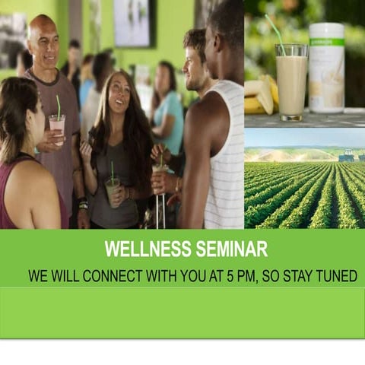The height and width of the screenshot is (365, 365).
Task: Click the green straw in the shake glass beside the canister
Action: click(x=275, y=30)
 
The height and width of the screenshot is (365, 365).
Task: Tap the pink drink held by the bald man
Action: click(x=57, y=128)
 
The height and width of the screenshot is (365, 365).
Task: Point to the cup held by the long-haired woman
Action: click(x=113, y=190)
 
